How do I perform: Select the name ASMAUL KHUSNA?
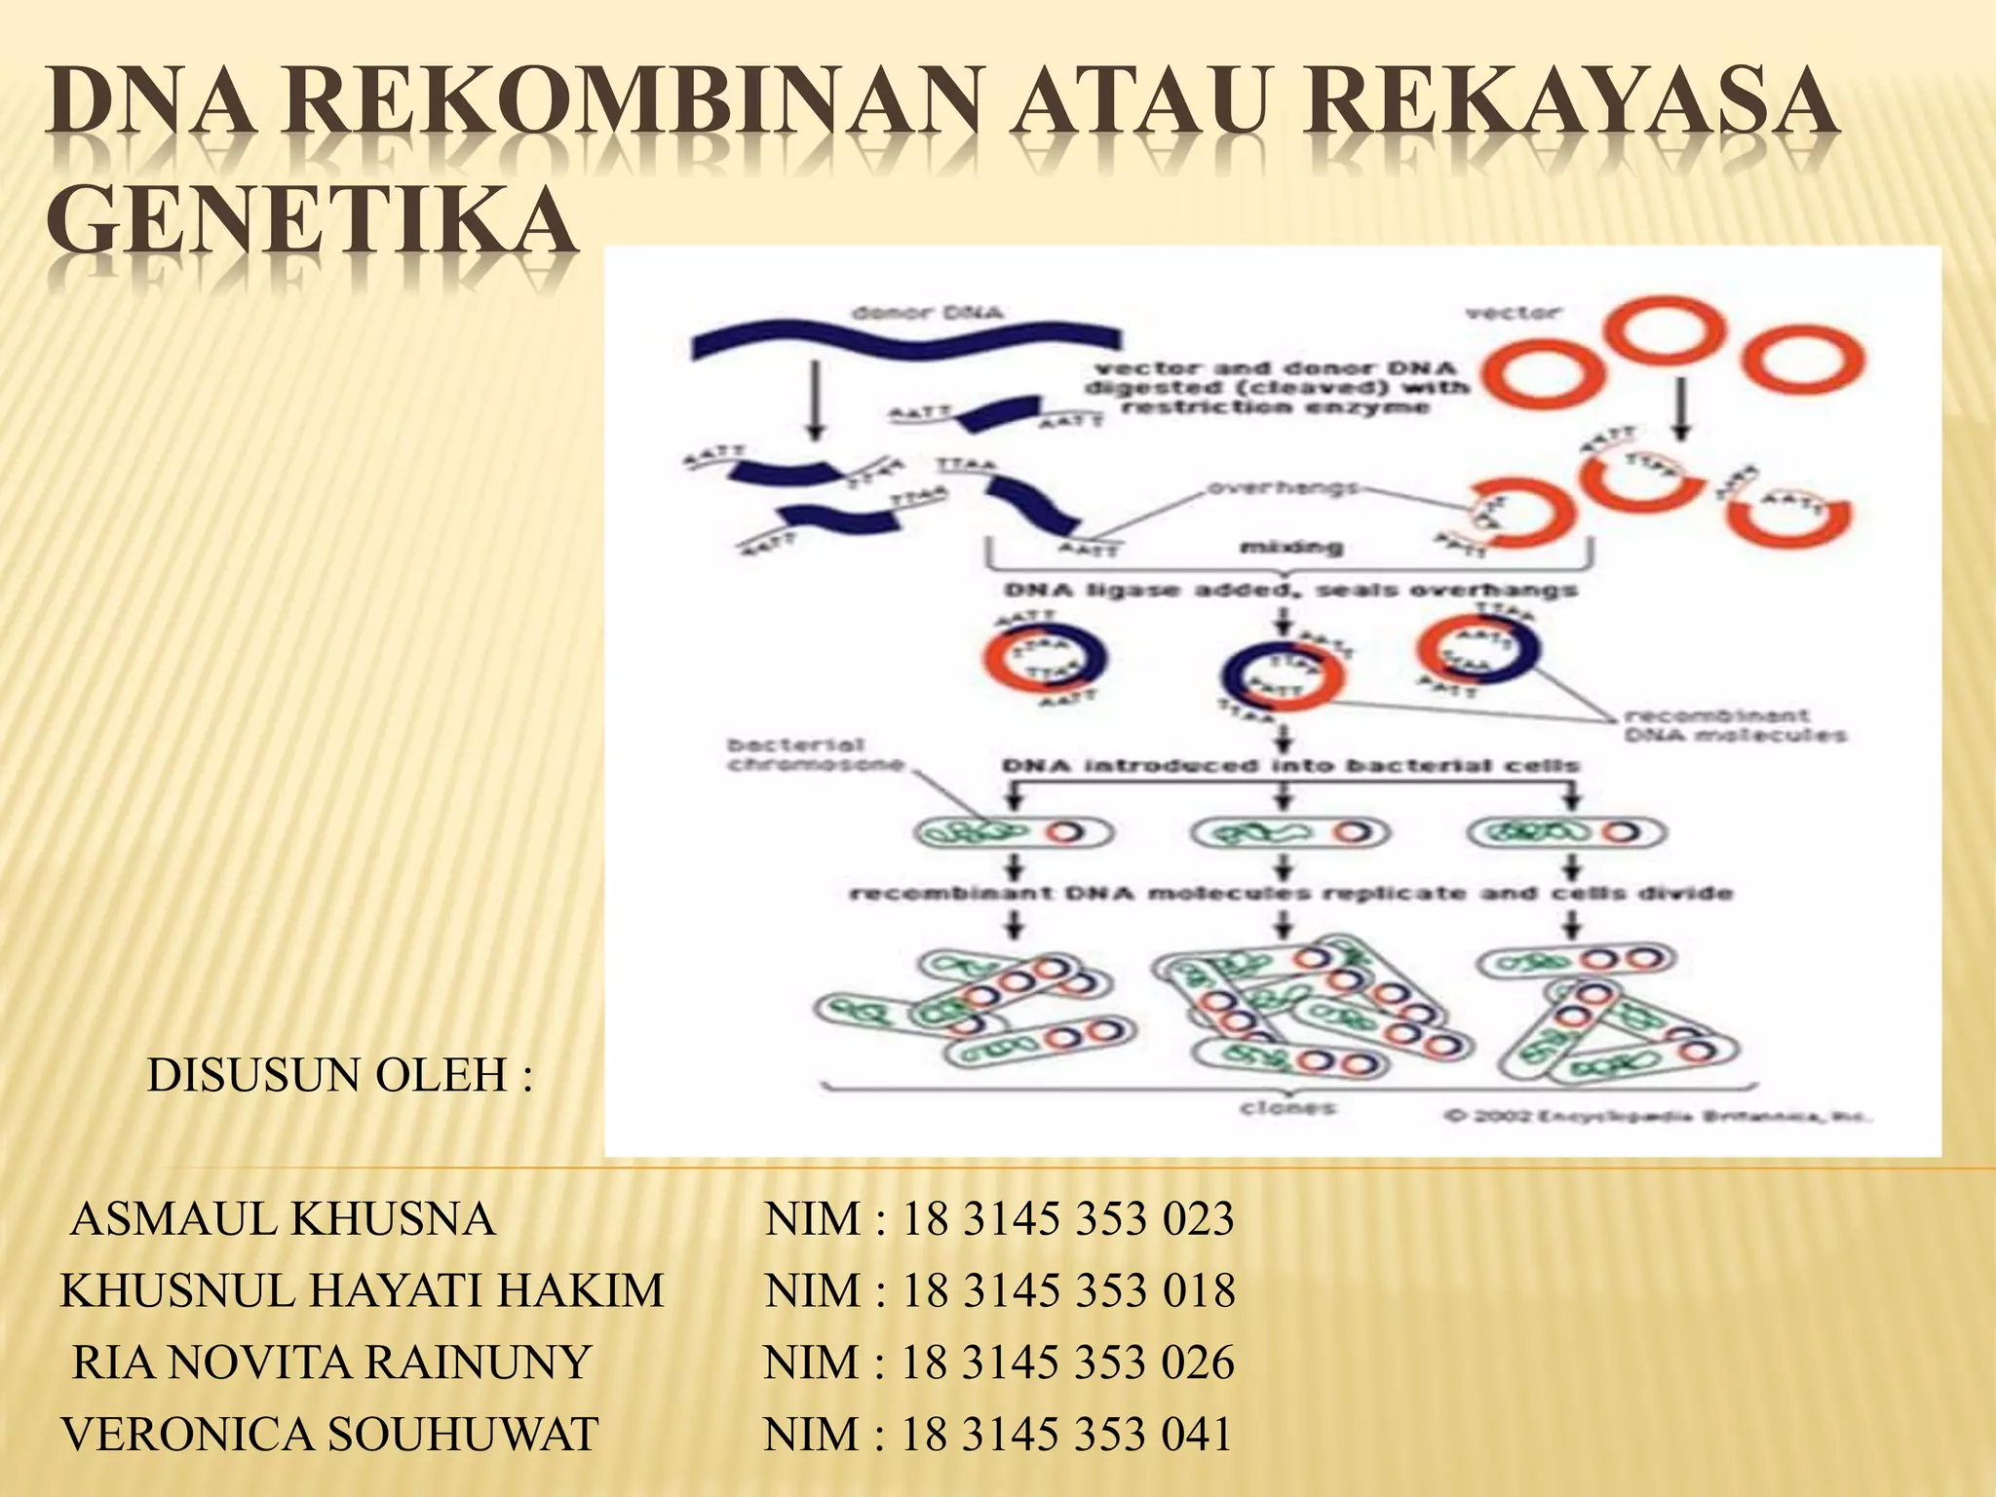click(x=283, y=1219)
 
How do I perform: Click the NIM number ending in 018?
click(x=1068, y=1291)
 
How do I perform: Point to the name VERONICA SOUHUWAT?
click(x=329, y=1435)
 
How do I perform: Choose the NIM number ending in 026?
click(x=1068, y=1363)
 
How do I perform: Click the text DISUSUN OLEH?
click(x=339, y=1076)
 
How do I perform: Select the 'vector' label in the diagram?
click(x=1513, y=313)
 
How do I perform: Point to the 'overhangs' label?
click(x=1283, y=487)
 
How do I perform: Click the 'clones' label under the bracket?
click(x=1287, y=1108)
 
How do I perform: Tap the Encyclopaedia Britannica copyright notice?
click(x=1655, y=1117)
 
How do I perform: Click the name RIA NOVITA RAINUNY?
click(x=331, y=1363)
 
